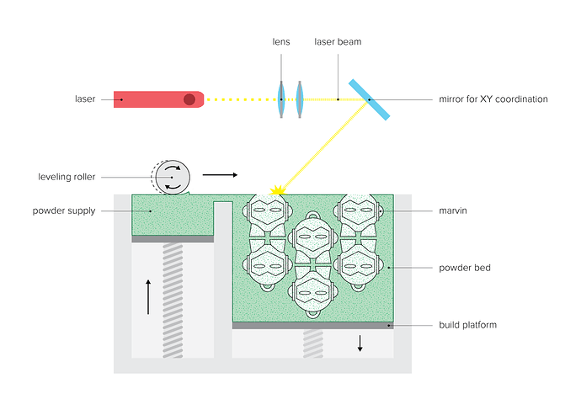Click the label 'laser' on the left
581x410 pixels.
(85, 99)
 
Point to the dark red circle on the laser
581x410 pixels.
(189, 99)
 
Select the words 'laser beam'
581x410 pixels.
(337, 41)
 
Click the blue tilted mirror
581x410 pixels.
(369, 99)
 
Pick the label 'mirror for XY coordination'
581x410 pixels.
(493, 99)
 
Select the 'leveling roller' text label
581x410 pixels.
(67, 177)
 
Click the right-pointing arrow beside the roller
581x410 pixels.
(220, 176)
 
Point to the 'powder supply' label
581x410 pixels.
(64, 210)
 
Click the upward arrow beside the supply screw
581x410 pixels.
(148, 296)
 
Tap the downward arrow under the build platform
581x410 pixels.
(360, 343)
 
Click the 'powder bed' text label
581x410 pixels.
(465, 268)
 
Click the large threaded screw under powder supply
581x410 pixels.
(173, 300)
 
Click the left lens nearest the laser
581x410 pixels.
(281, 99)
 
